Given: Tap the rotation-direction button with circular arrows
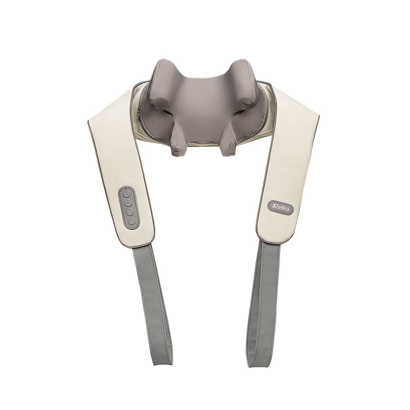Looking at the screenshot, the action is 128,203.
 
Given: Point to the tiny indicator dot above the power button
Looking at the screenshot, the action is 126,188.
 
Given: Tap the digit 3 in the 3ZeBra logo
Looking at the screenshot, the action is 273,206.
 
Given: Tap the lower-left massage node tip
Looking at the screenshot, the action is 177,151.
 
